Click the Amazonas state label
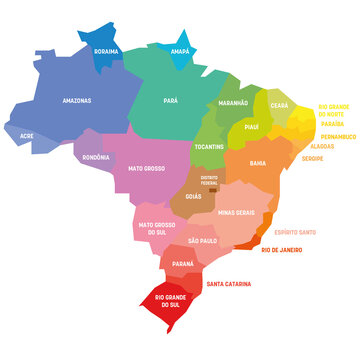click(49, 100)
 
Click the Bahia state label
click(257, 162)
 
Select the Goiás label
click(193, 198)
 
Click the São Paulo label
click(202, 242)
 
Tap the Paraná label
click(182, 265)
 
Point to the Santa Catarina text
click(229, 284)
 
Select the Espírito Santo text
click(299, 230)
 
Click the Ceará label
click(281, 105)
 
